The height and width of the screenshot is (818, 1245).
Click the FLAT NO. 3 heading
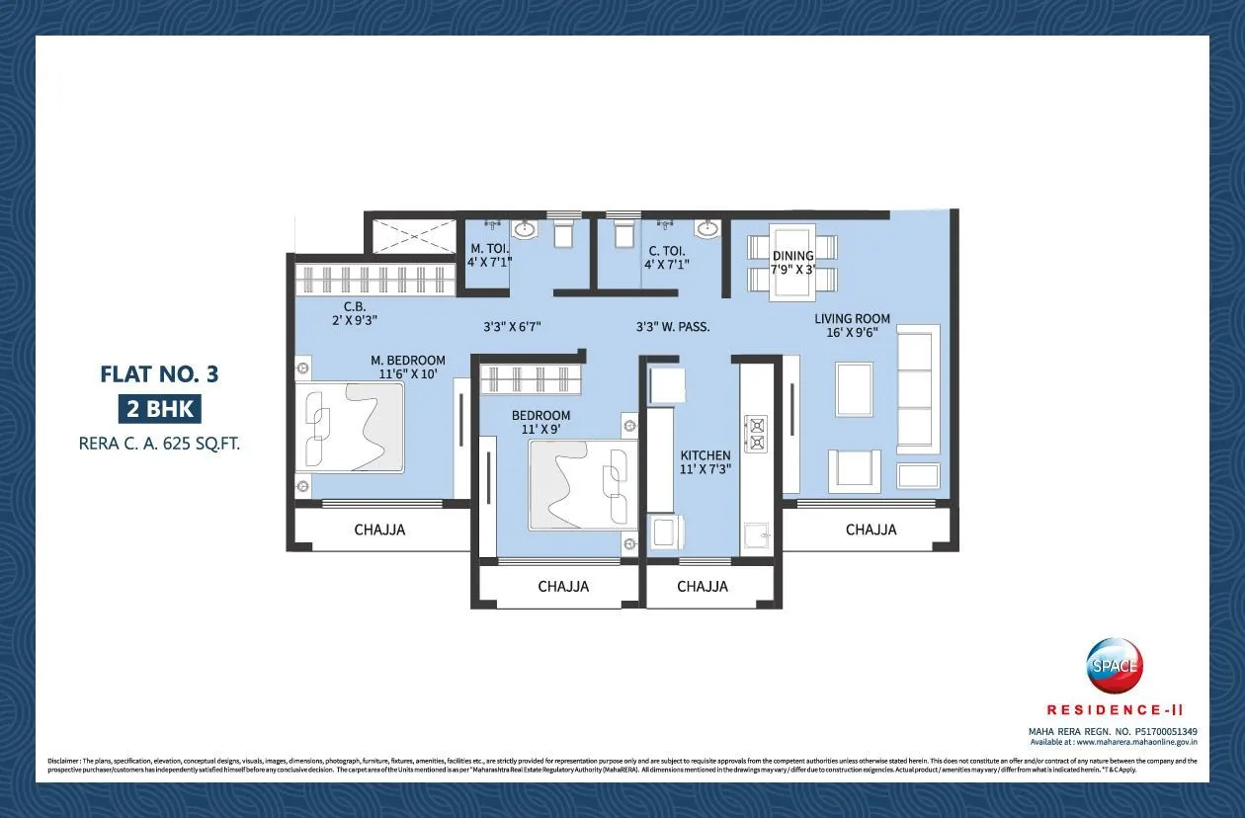click(159, 374)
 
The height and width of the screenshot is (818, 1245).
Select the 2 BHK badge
click(159, 408)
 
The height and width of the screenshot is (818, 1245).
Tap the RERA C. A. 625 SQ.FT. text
click(159, 444)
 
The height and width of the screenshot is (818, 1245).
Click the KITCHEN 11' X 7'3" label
click(705, 462)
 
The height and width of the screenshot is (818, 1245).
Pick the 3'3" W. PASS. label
click(672, 325)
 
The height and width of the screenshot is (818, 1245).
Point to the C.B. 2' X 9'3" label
click(355, 312)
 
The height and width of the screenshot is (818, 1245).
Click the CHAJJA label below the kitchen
click(703, 586)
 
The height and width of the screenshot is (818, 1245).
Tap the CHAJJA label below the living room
click(871, 530)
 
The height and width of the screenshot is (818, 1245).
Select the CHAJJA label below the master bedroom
click(379, 530)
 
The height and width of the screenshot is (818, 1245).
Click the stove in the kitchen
click(757, 434)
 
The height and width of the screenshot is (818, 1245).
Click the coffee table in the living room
click(854, 389)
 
